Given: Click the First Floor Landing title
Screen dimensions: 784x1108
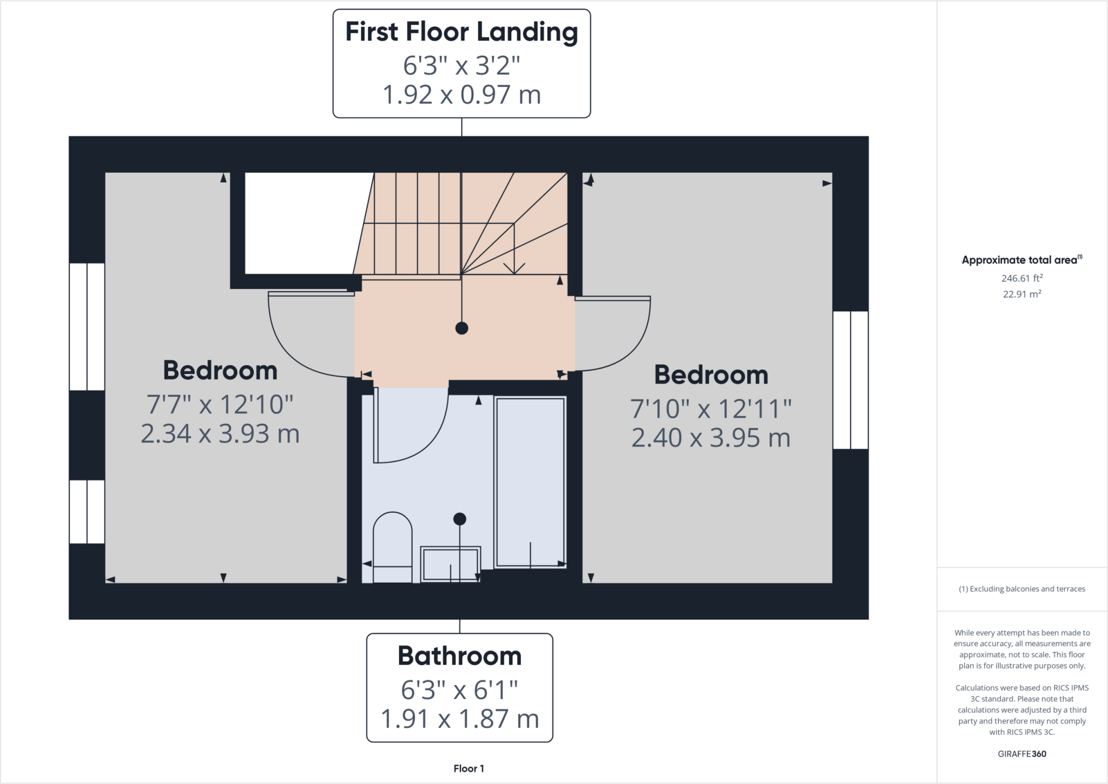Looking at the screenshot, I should [461, 32].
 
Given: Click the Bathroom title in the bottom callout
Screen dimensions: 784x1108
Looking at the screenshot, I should [459, 656].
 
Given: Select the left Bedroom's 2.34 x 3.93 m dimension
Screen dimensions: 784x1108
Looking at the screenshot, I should [220, 434].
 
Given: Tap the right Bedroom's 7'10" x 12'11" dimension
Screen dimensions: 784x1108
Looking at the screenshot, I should [711, 409].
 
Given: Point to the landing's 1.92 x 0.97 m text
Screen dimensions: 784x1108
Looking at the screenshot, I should [461, 95].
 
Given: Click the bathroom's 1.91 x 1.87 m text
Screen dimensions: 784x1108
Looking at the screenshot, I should [459, 719].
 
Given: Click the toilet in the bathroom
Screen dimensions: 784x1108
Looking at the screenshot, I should [393, 546].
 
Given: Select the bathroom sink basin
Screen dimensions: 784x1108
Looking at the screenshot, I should [451, 564].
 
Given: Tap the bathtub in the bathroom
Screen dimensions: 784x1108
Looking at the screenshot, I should [530, 482].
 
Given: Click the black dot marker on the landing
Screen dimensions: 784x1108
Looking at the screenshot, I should [461, 328].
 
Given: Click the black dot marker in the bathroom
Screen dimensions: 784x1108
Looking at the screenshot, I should [459, 519].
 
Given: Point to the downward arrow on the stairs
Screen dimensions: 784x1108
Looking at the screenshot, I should [514, 267].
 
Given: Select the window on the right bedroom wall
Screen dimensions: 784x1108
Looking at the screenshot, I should [850, 380].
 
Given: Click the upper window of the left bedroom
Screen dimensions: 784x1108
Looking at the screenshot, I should [87, 326].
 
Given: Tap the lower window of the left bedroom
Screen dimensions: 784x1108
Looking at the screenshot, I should [87, 511].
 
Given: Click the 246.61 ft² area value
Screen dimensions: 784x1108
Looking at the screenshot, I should [1021, 278].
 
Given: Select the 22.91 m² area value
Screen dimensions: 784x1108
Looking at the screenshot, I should [1021, 294].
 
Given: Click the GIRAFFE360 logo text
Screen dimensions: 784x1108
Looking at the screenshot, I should [1021, 754].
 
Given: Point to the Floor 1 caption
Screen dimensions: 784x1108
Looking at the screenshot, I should [469, 768].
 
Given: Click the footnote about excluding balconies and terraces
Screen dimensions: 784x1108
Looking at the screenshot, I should [1021, 589].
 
